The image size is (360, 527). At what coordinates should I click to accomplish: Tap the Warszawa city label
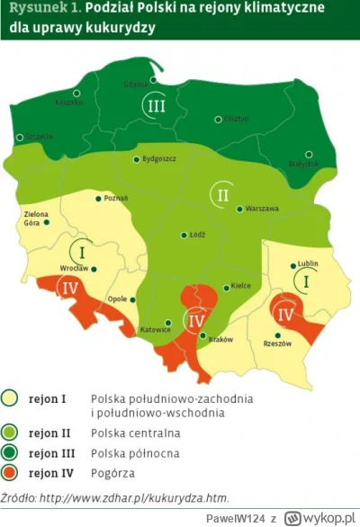pyautogui.click(x=260, y=209)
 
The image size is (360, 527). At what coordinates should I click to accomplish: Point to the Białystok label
pyautogui.click(x=302, y=164)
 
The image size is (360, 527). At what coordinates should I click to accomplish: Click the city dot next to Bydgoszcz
pyautogui.click(x=136, y=159)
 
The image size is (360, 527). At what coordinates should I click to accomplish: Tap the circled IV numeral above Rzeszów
pyautogui.click(x=285, y=315)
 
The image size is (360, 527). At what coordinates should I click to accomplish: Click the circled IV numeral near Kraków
pyautogui.click(x=197, y=320)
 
